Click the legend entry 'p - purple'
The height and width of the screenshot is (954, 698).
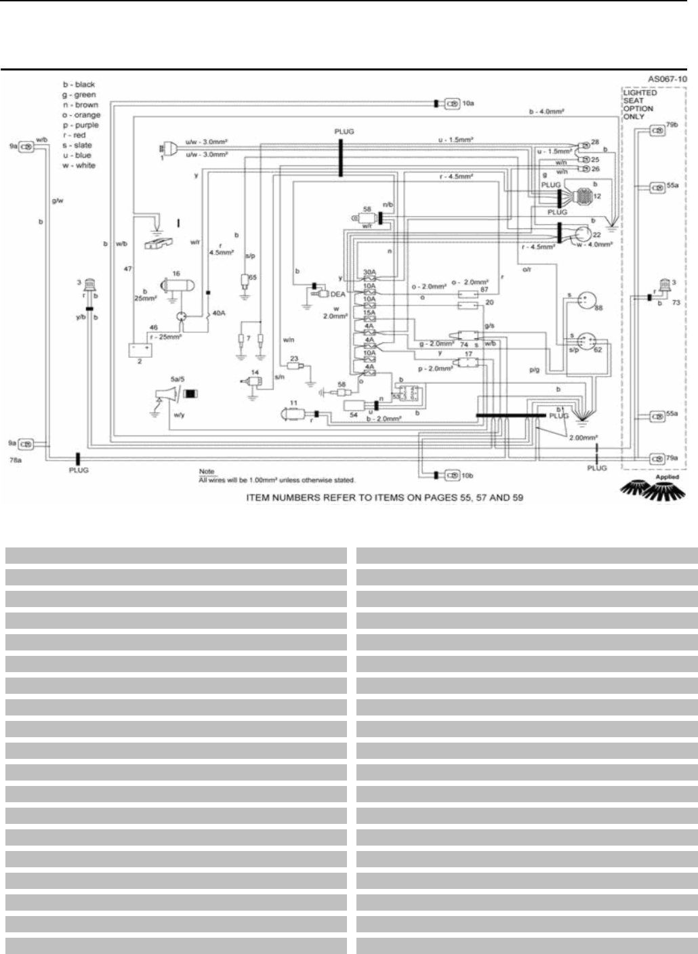click(x=80, y=125)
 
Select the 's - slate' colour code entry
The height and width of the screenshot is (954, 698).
click(x=77, y=146)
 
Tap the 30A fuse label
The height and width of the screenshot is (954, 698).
click(x=369, y=272)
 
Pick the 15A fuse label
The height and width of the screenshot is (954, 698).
click(x=369, y=312)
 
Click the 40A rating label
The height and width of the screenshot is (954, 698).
click(x=219, y=312)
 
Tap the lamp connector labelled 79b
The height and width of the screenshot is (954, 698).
click(x=657, y=130)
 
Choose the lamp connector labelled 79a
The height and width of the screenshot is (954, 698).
click(x=657, y=459)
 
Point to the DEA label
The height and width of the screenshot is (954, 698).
click(x=337, y=294)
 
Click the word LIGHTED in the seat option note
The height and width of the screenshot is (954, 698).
click(x=640, y=93)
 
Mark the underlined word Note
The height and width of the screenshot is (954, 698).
click(x=206, y=471)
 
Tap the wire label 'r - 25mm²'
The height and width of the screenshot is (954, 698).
click(x=165, y=335)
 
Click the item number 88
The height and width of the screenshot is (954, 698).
click(x=598, y=308)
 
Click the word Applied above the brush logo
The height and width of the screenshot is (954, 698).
click(x=666, y=477)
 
